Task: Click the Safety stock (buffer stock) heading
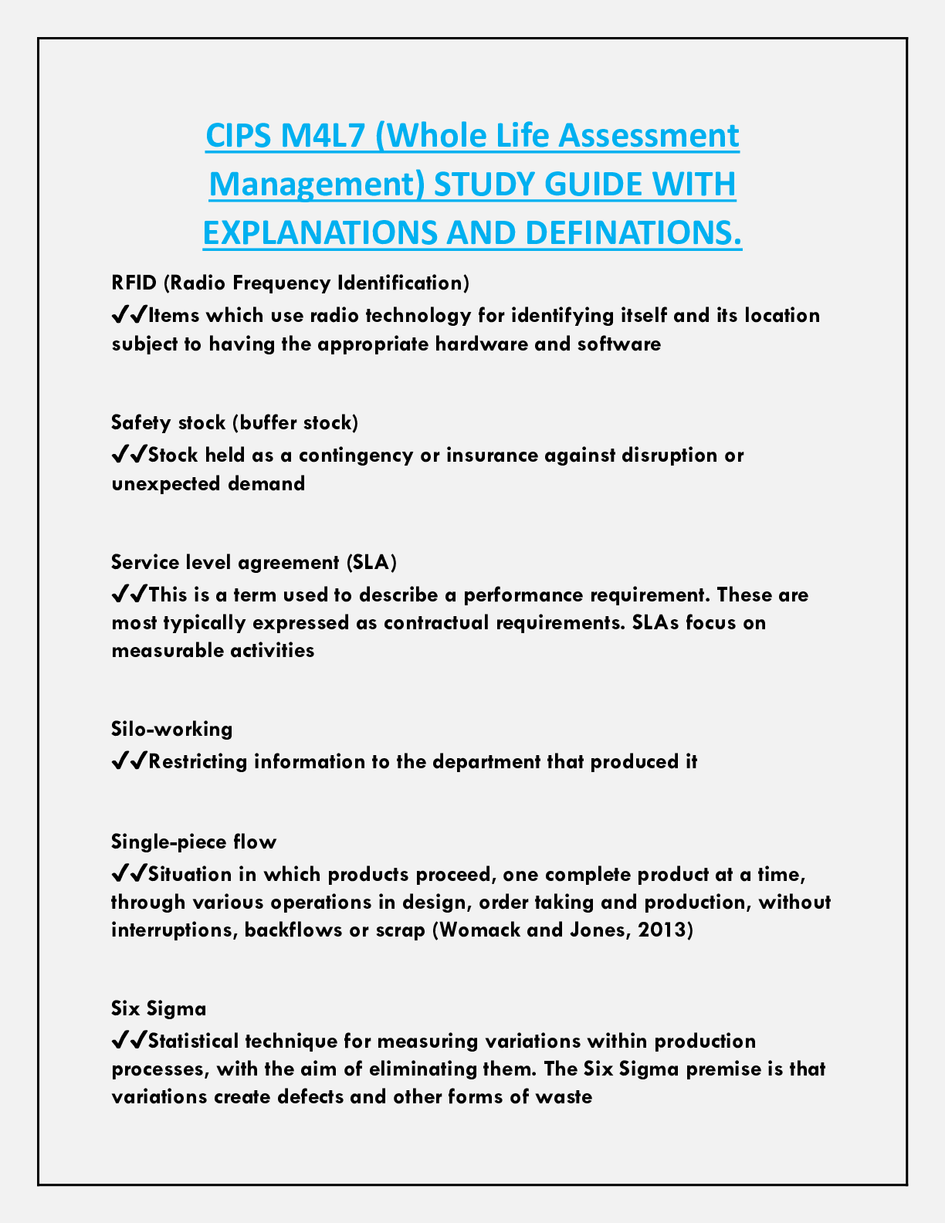tap(235, 422)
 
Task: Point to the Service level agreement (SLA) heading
tap(254, 562)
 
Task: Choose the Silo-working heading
tap(171, 729)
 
